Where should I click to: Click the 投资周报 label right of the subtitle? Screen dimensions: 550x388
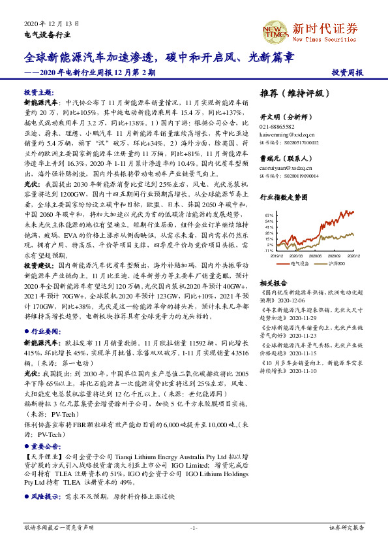347,73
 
